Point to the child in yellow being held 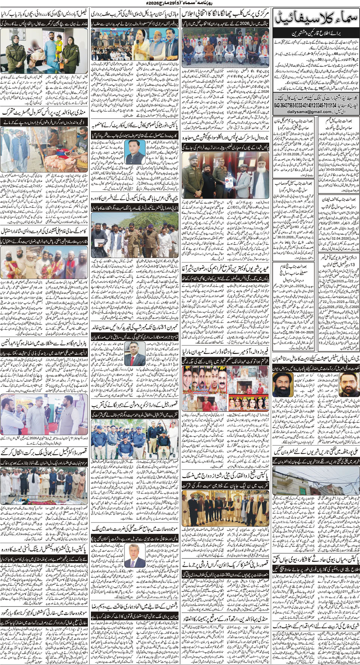click(x=58, y=47)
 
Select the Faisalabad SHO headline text click(x=45, y=15)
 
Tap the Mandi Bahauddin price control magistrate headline click(x=45, y=112)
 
